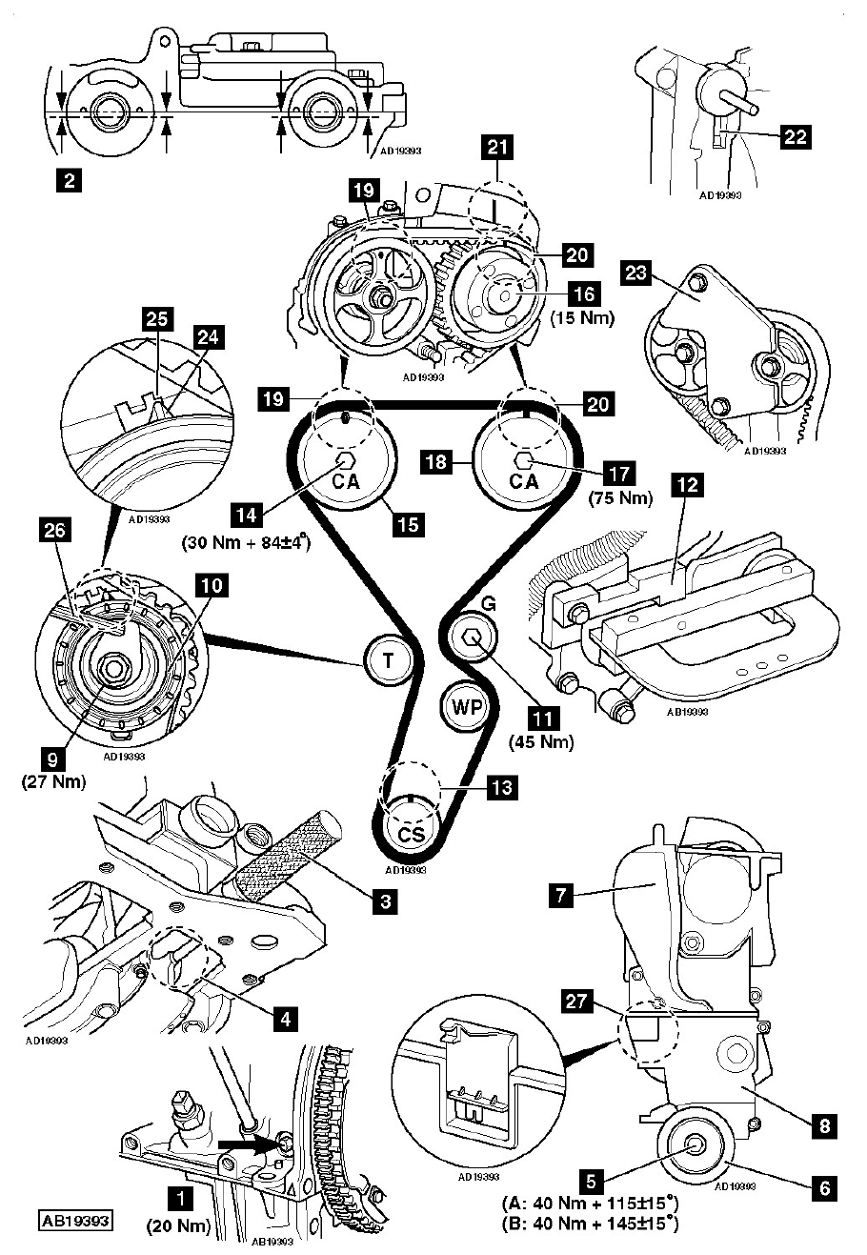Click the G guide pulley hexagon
click(474, 638)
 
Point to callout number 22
click(796, 137)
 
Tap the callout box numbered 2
click(67, 178)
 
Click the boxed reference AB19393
click(75, 1220)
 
